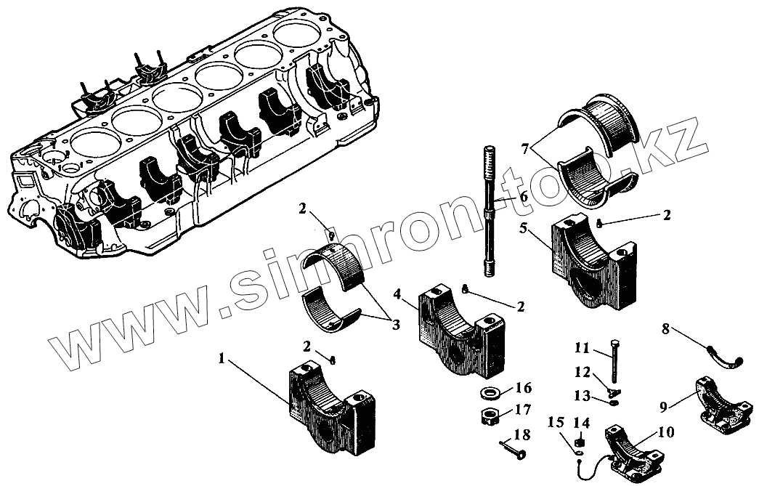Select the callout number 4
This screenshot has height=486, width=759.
tap(397, 296)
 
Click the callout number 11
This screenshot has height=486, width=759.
tap(583, 347)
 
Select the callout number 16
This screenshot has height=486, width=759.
tap(524, 387)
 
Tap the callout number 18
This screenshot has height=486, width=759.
tap(521, 434)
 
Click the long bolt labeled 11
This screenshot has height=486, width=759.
tap(615, 360)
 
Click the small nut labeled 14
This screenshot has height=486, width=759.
tap(582, 442)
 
